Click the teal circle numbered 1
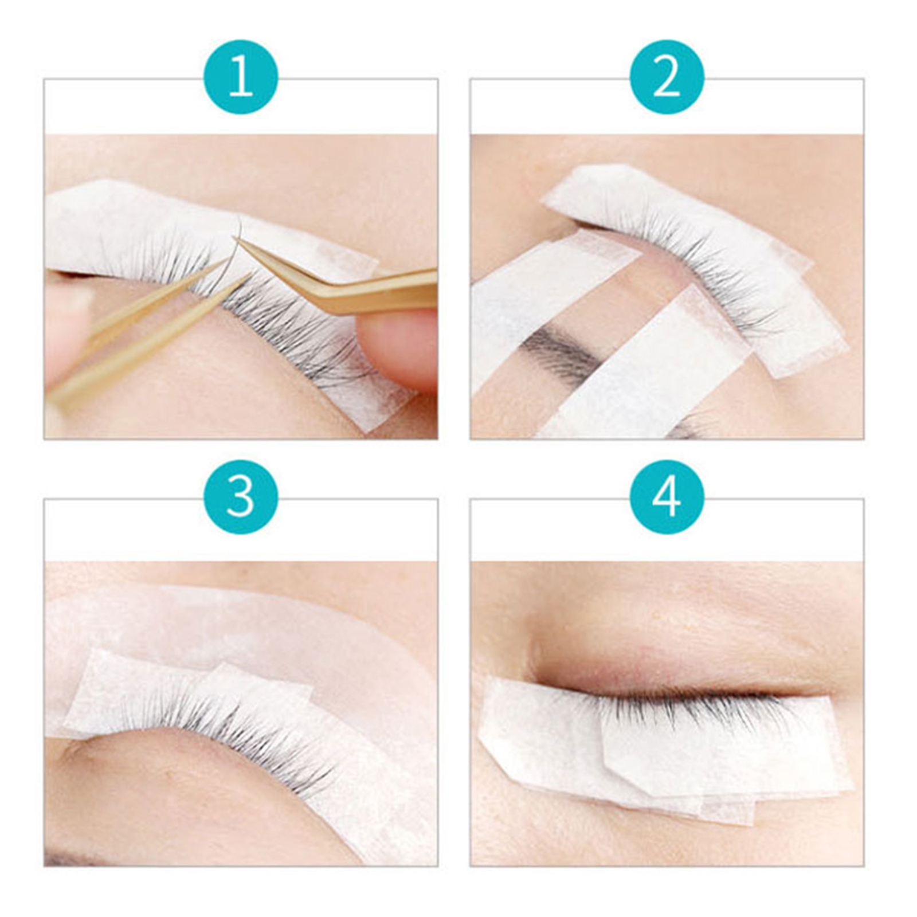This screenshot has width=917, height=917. coord(241,77)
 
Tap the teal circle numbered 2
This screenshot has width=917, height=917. coord(667,77)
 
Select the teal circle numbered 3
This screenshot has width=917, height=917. coord(241,497)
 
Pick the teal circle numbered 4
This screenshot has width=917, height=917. coord(667,497)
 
